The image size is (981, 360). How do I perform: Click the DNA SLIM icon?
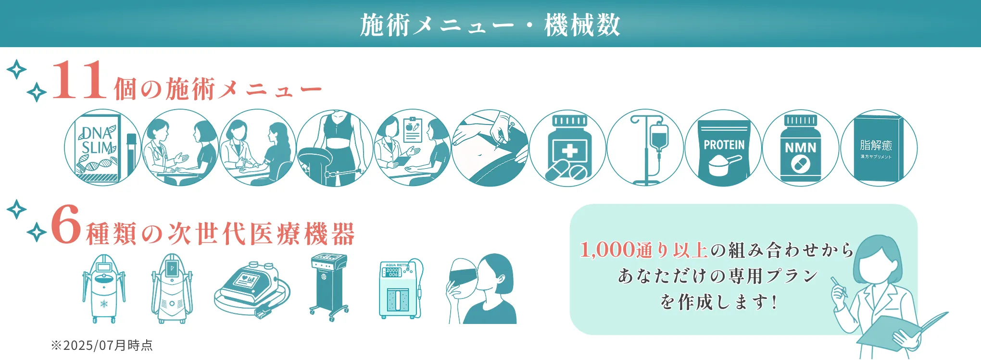pos(102,148)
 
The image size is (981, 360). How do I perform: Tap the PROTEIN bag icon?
pos(723,148)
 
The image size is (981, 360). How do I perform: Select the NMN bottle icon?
pos(801,148)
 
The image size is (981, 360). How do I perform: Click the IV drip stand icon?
pos(646,148)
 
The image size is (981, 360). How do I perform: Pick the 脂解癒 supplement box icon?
pos(878,148)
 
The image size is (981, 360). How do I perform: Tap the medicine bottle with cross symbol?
pos(568,148)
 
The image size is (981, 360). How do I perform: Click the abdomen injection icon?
pos(490,148)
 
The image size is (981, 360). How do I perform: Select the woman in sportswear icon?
pos(335,148)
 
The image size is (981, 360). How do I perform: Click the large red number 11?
pos(79,81)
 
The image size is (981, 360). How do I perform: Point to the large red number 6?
pos(65,225)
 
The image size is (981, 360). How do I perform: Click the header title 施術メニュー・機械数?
pos(490,25)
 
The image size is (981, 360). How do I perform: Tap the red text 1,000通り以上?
pos(643,250)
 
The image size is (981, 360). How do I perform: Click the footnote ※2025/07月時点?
pos(102,345)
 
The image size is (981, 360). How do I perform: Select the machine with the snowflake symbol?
pos(104,288)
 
